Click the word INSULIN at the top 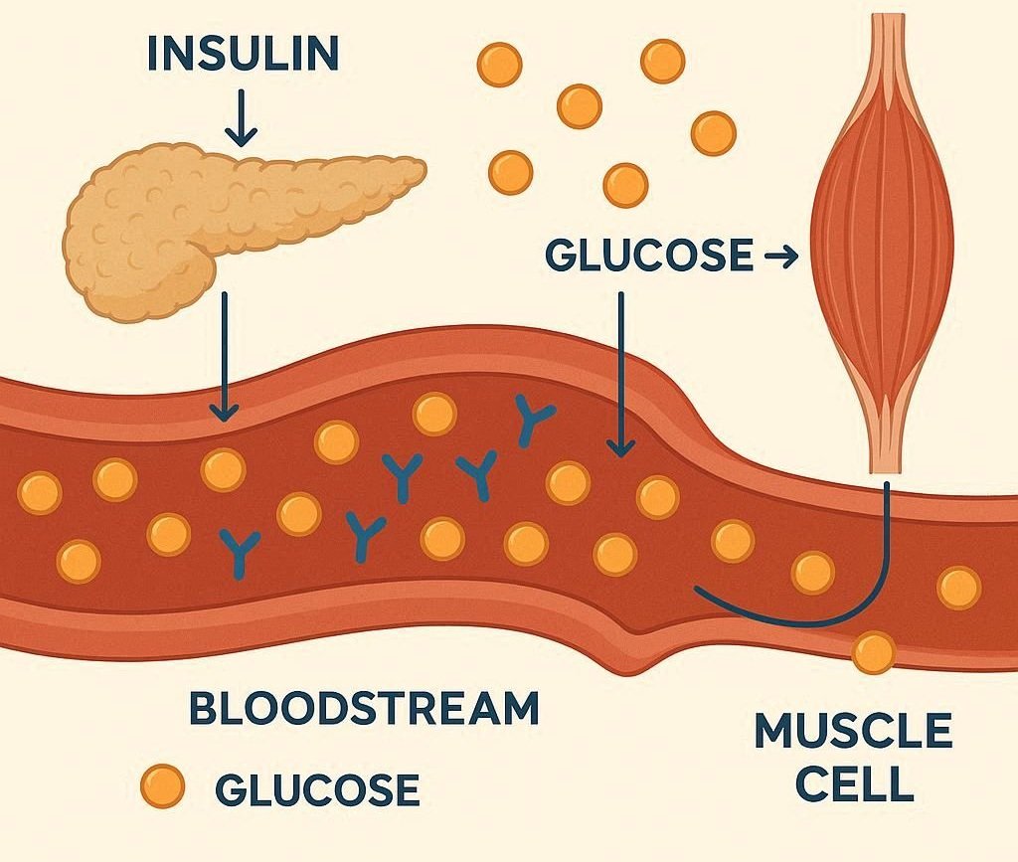point(243,55)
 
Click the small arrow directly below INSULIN point(242,118)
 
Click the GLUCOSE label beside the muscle point(649,257)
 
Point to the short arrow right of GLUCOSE point(780,259)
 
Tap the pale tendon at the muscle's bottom point(885,437)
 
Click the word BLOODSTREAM point(364,709)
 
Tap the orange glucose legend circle point(163,787)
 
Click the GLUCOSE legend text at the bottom point(317,789)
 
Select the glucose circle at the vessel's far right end point(958,587)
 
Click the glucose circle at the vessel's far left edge point(41,493)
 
